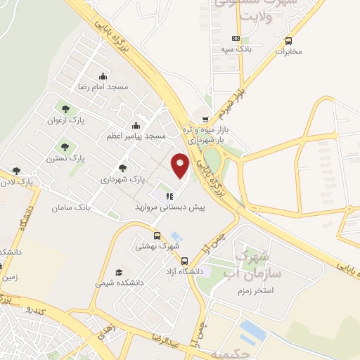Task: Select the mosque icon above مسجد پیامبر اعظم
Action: tap(136, 126)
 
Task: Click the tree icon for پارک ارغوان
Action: tap(65, 110)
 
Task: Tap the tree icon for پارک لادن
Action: tap(16, 171)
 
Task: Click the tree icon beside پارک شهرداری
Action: tap(123, 168)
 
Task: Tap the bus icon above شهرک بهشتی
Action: tap(158, 236)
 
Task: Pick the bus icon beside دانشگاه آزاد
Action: tap(184, 261)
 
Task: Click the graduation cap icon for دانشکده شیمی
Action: tap(119, 272)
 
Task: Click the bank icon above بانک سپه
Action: tap(236, 38)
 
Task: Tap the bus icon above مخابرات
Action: tap(288, 40)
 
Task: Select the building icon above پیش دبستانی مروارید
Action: tap(169, 195)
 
